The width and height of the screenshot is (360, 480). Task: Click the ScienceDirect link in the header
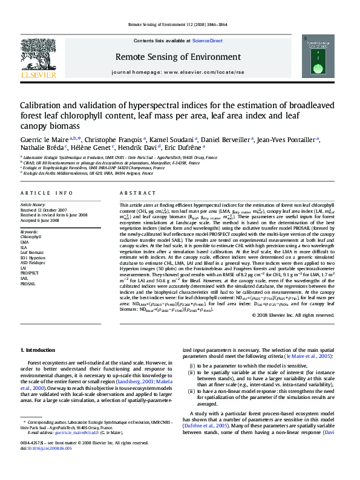click(x=207, y=41)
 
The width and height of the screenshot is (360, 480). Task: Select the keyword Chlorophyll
click(x=32, y=237)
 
